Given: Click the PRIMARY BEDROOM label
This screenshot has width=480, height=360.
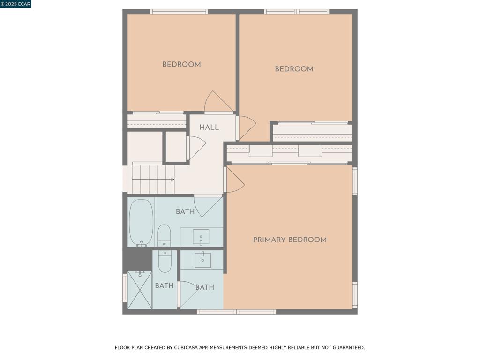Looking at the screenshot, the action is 290,240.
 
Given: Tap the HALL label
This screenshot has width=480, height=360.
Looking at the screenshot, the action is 209,127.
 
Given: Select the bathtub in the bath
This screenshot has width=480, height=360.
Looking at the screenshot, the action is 141,223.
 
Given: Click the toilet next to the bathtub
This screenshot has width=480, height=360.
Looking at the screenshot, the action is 164,235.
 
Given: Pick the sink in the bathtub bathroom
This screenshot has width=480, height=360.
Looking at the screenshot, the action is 201,237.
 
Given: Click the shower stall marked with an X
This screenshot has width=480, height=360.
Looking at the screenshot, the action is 140,290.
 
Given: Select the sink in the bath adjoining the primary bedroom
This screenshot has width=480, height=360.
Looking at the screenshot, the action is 202,260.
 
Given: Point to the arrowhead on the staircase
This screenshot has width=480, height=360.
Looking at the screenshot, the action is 172,180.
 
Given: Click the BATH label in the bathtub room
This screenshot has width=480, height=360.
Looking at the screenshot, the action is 185,211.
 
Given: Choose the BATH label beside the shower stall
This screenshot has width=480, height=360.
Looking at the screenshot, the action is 165,285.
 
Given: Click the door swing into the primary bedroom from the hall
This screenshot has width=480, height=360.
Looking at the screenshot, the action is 235,180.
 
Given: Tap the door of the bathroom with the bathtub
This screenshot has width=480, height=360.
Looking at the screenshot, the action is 208,206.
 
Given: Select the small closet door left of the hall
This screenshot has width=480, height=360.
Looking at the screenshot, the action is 196,148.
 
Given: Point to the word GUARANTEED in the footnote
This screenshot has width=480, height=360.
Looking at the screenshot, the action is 349,348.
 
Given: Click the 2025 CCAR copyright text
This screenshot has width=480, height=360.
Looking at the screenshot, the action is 15,4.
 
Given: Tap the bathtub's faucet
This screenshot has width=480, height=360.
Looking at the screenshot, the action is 142,244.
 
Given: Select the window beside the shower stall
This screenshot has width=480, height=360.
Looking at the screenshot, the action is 125,288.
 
